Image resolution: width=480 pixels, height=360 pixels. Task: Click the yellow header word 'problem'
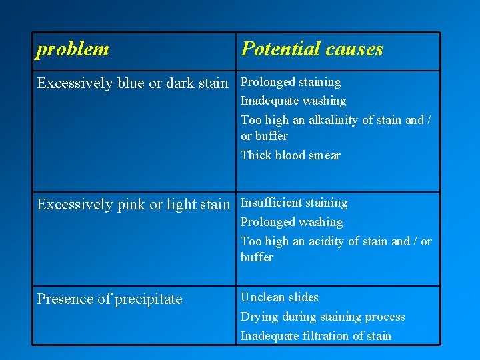pyautogui.click(x=73, y=49)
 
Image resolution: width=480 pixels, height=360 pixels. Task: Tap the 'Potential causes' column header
pyautogui.click(x=312, y=49)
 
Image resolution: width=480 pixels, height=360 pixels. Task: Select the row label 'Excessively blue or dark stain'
pyautogui.click(x=132, y=83)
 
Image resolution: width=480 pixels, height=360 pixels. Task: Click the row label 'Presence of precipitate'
pyautogui.click(x=109, y=299)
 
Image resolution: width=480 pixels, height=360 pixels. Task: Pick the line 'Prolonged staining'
pyautogui.click(x=290, y=82)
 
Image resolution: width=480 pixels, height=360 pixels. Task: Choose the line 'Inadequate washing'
pyautogui.click(x=293, y=101)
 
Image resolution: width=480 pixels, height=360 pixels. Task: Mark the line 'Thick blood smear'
pyautogui.click(x=290, y=155)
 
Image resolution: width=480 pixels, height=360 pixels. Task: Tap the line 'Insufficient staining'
pyautogui.click(x=293, y=203)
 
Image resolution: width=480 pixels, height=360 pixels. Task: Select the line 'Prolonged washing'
pyautogui.click(x=291, y=222)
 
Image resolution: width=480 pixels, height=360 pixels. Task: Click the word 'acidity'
pyautogui.click(x=328, y=241)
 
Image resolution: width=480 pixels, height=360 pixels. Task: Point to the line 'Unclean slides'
pyautogui.click(x=279, y=297)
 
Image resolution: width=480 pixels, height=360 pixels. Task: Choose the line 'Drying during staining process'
pyautogui.click(x=323, y=317)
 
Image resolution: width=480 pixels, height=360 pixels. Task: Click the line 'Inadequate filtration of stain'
pyautogui.click(x=315, y=336)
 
